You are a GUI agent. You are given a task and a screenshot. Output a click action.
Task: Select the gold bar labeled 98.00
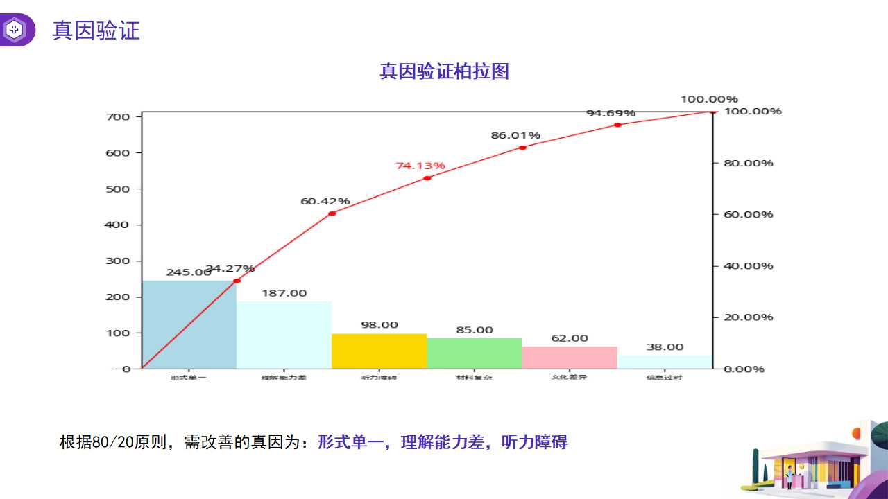click(379, 351)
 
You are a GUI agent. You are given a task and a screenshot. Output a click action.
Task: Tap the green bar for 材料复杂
click(474, 353)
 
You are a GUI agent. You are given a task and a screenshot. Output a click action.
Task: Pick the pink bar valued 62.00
click(569, 358)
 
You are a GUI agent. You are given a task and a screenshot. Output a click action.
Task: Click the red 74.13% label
click(420, 166)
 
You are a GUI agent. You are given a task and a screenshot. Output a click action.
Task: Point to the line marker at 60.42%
click(332, 213)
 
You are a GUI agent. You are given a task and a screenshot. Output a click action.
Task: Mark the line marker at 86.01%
click(522, 148)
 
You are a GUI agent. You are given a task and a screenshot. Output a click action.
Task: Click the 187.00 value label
click(284, 293)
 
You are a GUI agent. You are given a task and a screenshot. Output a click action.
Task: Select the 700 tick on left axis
click(118, 116)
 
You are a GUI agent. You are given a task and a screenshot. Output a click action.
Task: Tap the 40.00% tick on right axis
click(748, 265)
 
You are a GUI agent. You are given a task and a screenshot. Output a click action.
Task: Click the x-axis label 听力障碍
click(379, 378)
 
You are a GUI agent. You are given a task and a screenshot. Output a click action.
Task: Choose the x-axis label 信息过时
click(664, 378)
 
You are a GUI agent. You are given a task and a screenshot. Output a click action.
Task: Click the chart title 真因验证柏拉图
click(444, 71)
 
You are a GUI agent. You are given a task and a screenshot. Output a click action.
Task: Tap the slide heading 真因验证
click(96, 30)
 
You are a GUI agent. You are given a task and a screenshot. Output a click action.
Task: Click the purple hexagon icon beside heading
click(15, 30)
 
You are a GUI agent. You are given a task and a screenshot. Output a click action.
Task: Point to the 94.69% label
click(610, 113)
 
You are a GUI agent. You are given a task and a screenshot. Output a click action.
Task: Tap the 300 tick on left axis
click(118, 261)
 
